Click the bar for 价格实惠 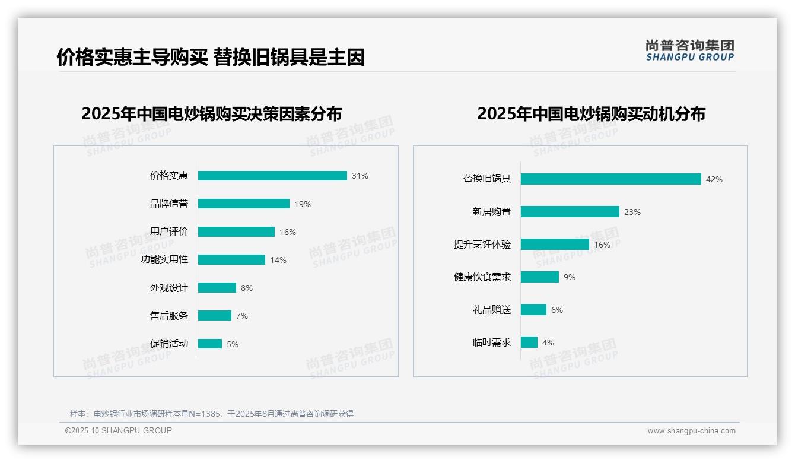[x=272, y=176]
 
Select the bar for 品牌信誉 [x=244, y=204]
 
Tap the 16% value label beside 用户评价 [x=288, y=232]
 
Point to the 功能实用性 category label [x=164, y=259]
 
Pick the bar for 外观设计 [x=217, y=288]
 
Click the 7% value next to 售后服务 [x=242, y=316]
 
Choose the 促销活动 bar [x=210, y=344]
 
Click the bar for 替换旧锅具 [x=611, y=179]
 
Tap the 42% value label [x=714, y=179]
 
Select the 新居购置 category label [x=491, y=212]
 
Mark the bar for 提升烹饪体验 [x=555, y=245]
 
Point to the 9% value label [x=570, y=277]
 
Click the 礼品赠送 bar [x=533, y=310]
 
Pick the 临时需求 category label [x=491, y=343]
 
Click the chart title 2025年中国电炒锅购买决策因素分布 [x=212, y=114]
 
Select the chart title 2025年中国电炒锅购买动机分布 [x=591, y=114]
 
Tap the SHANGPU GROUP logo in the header [x=690, y=50]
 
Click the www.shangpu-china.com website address [x=691, y=431]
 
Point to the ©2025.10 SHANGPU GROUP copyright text [x=119, y=430]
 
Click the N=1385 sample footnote [x=212, y=414]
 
